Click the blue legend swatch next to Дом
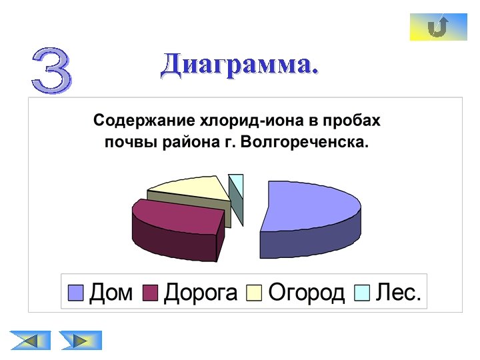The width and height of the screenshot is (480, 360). pos(77,293)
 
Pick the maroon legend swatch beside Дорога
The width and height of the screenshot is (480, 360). pos(151,293)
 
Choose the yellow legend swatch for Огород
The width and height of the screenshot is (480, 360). pos(254,293)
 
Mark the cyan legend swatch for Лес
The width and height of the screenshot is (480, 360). pos(362,293)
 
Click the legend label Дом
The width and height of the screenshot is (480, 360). pos(111,293)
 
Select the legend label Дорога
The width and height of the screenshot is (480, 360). pos(200,293)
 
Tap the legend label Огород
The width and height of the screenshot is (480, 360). pos(306,293)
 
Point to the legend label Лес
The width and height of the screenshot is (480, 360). pos(399,293)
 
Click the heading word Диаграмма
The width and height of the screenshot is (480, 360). pos(239,65)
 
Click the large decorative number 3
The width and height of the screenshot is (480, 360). pos(51,69)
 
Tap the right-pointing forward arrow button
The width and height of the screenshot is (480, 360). pos(81,340)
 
